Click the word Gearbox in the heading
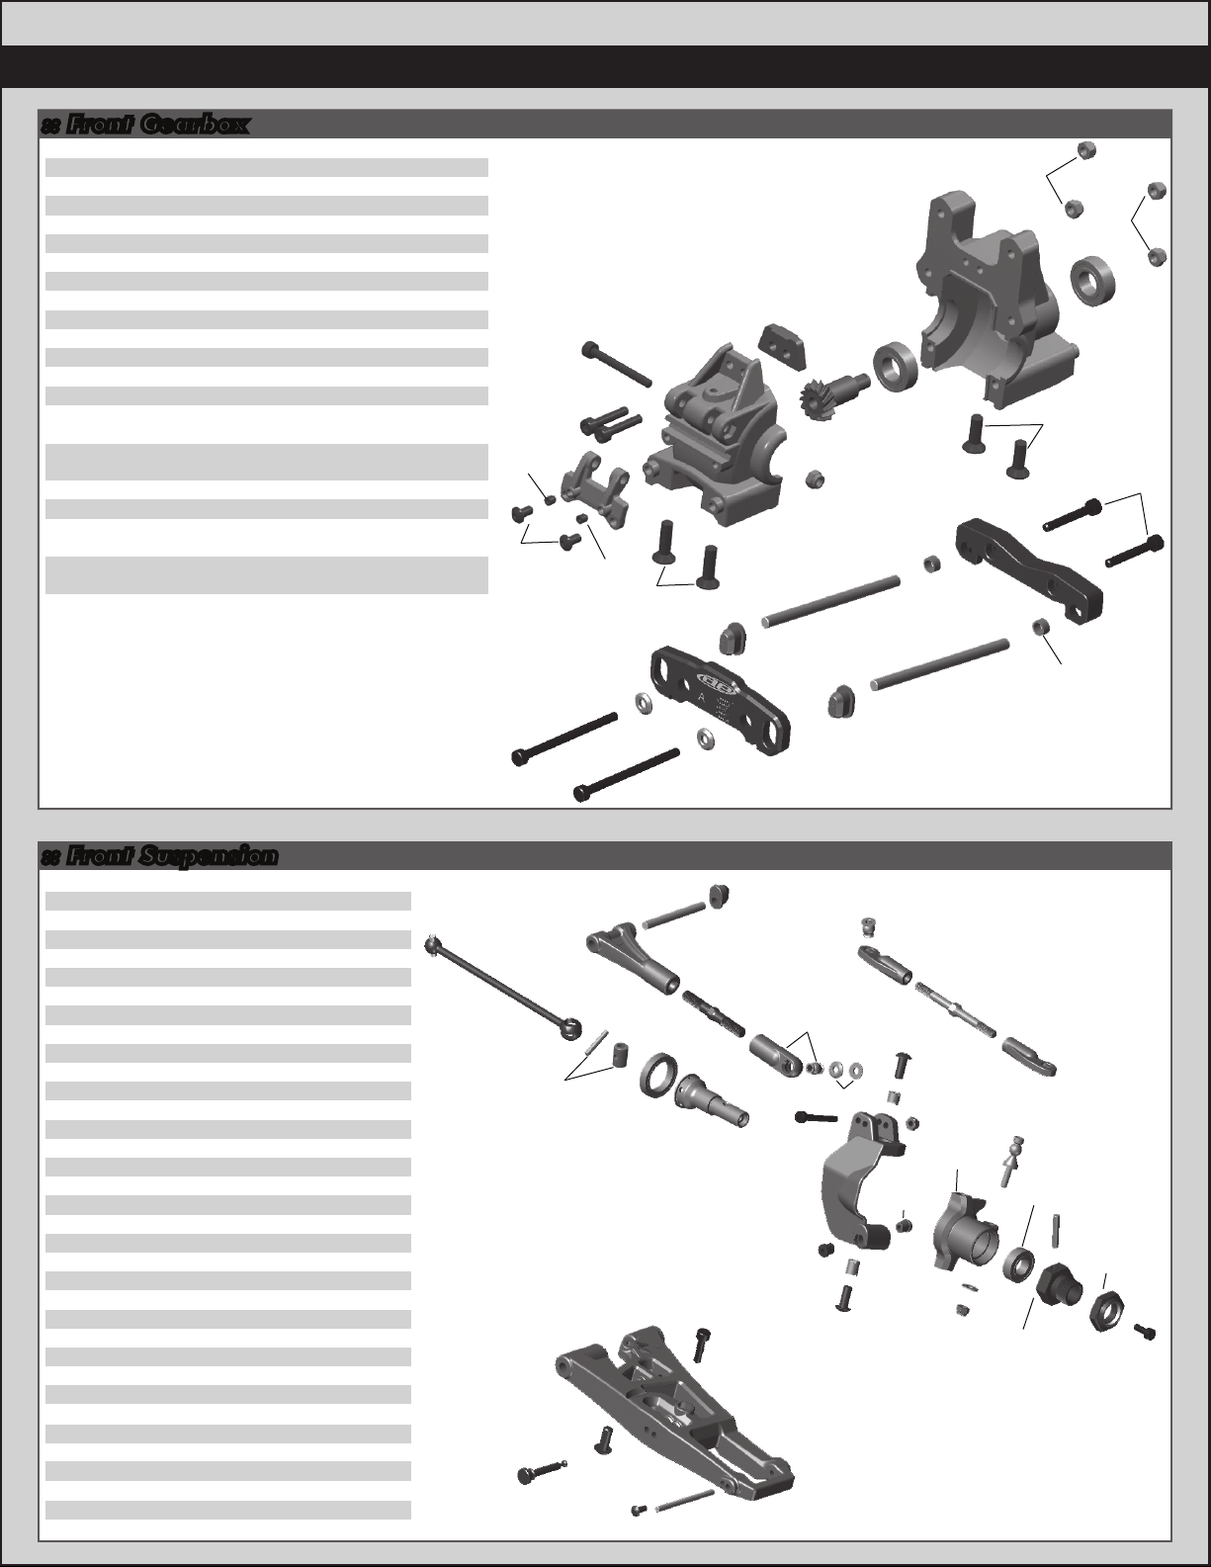[196, 126]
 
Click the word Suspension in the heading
[209, 857]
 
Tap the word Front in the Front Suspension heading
[99, 856]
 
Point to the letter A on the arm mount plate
[701, 697]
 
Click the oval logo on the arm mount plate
[715, 680]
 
